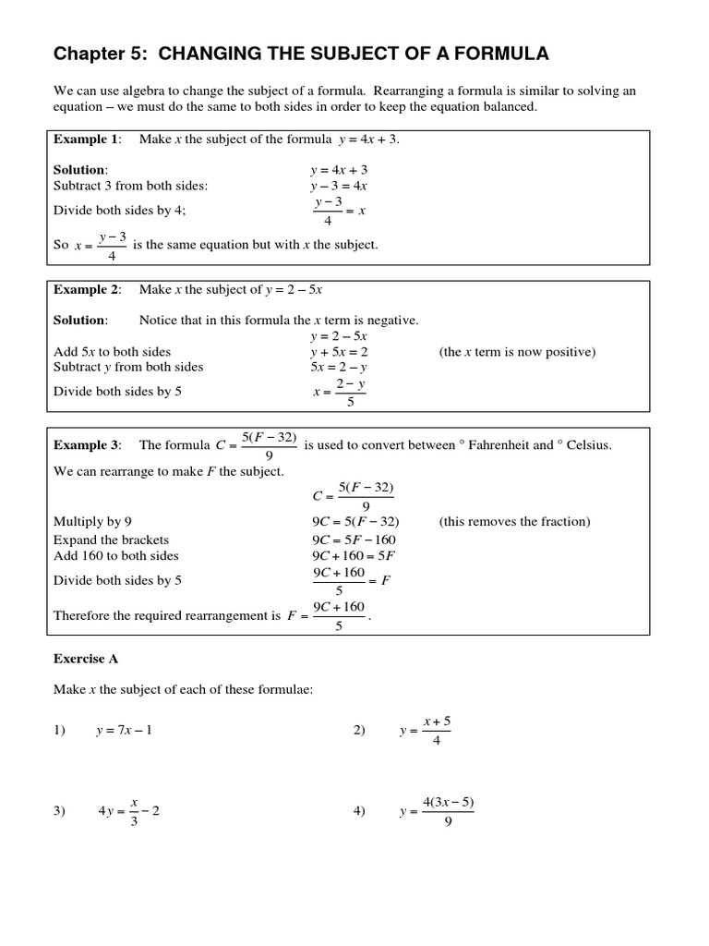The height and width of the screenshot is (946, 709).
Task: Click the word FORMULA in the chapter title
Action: pos(499,55)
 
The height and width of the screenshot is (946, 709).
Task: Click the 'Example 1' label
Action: pos(86,139)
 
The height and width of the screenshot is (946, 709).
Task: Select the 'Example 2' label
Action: pos(86,290)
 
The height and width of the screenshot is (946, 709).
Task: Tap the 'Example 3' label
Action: pos(86,445)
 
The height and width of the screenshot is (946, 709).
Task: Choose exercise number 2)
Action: pos(359,731)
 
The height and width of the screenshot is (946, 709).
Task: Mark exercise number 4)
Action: pos(359,811)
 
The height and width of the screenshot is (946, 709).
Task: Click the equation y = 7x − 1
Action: pos(124,731)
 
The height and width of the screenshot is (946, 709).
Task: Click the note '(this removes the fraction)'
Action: pos(514,522)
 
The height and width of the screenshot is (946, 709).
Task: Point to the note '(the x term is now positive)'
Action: pos(517,352)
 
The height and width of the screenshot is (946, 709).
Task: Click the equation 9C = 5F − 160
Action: pos(354,540)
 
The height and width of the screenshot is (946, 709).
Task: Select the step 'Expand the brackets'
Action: pos(111,540)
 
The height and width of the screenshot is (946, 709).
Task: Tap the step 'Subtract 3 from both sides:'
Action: pos(130,186)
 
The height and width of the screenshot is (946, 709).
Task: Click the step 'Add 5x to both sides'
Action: pos(112,352)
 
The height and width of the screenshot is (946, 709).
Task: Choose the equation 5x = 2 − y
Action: pos(339,367)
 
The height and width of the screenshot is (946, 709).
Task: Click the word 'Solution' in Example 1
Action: pos(79,170)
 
